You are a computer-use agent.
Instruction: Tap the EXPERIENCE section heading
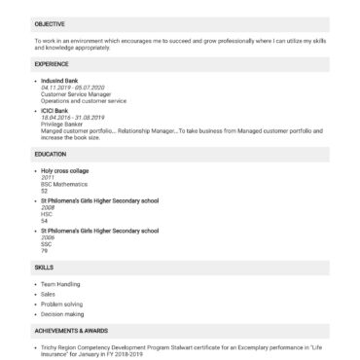51,63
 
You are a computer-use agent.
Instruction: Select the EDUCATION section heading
51,154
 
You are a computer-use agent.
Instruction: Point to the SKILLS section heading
44,266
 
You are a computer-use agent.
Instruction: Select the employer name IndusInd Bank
59,80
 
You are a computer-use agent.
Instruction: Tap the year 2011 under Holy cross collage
48,177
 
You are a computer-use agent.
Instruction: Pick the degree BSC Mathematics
61,184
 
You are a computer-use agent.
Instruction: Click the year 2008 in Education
48,207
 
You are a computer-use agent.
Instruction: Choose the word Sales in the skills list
49,293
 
